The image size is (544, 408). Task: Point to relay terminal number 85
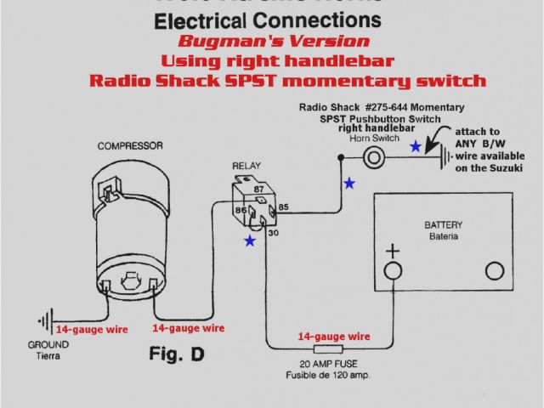[x=283, y=206]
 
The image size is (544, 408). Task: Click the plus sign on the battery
[x=393, y=252]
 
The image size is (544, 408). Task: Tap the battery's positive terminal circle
[x=393, y=271]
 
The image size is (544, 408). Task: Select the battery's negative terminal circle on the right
[x=495, y=271]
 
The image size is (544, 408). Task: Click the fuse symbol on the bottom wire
[x=328, y=348]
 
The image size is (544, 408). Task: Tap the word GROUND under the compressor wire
[x=42, y=345]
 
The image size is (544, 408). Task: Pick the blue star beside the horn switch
[x=415, y=146]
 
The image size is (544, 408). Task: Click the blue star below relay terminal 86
[x=250, y=241]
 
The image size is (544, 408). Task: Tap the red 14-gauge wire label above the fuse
[x=334, y=337]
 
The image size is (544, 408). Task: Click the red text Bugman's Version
[x=274, y=42]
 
